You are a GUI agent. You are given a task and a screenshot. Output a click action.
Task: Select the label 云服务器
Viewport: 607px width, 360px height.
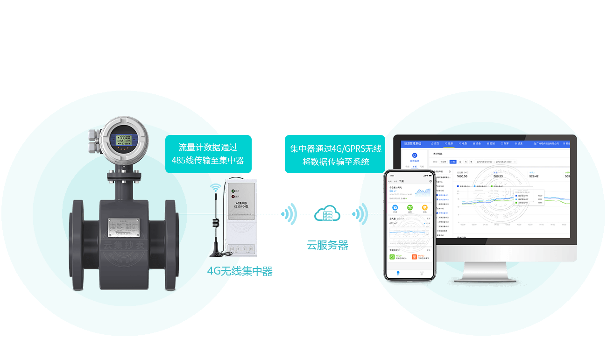(327, 245)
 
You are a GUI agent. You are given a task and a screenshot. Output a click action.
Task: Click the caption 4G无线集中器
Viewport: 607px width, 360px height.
(240, 271)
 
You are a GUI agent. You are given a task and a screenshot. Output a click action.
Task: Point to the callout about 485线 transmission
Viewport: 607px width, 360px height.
(208, 154)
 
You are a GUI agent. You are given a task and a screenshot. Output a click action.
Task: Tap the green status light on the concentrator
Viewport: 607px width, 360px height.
(232, 191)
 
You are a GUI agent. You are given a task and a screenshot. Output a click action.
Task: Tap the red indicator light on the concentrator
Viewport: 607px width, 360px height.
(232, 197)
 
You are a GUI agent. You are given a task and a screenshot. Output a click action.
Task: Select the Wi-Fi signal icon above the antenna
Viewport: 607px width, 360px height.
(215, 188)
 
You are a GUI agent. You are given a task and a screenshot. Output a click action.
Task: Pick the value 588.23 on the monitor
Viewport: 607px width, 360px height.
(498, 176)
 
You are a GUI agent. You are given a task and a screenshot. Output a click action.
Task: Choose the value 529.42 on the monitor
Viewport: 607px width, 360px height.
(534, 176)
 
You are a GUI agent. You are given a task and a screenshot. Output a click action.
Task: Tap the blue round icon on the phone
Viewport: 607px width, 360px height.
(395, 207)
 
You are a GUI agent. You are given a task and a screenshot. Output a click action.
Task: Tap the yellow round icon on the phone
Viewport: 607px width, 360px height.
(424, 207)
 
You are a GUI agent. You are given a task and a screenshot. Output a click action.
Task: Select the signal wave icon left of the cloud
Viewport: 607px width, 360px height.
(290, 214)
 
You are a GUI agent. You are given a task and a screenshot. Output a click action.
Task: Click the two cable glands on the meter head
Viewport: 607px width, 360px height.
(92, 141)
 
